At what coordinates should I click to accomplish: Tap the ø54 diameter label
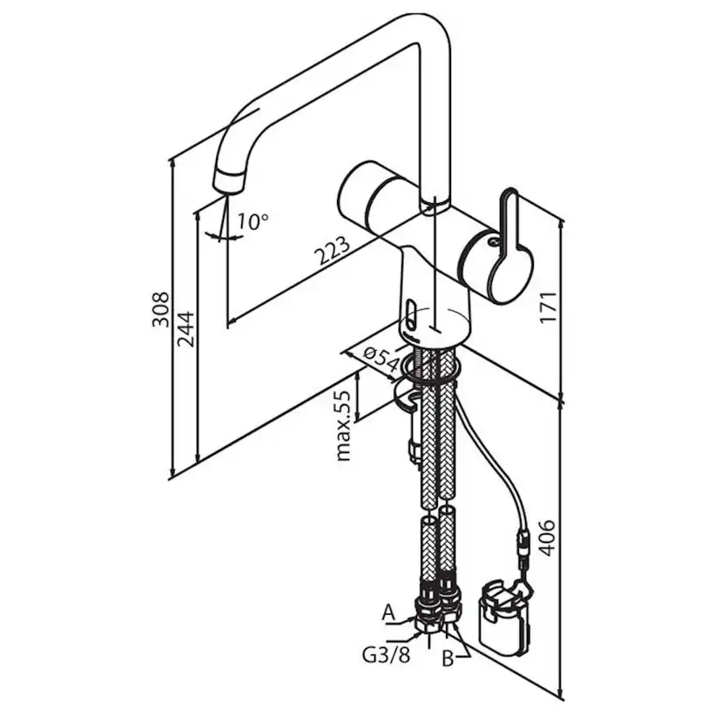381,360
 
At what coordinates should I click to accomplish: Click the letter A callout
388,613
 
